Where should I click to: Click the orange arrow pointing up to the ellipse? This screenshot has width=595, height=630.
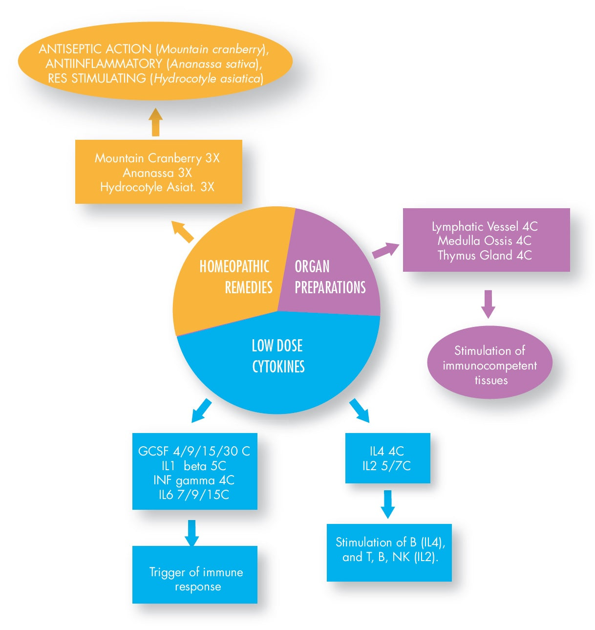(x=155, y=122)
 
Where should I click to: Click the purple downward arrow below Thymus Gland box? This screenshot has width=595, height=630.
(x=488, y=304)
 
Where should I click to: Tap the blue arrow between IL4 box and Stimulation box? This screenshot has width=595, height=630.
(x=387, y=503)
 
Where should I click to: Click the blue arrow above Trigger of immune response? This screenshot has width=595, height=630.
(x=192, y=532)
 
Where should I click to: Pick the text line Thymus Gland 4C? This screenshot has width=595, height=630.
(x=485, y=255)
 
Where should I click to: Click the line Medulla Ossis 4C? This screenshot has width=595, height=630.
(x=485, y=240)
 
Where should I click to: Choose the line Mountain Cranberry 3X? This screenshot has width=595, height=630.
(x=157, y=158)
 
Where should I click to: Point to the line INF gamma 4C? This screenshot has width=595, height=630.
(x=194, y=480)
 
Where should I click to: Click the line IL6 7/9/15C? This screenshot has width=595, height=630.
(x=194, y=495)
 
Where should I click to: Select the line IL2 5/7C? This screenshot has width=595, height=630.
(x=387, y=466)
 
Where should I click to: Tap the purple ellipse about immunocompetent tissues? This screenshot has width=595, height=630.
(x=489, y=365)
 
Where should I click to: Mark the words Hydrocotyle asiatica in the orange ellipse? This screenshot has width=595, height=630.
(x=207, y=78)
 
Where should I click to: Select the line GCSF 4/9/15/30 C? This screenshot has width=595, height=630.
(x=194, y=451)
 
